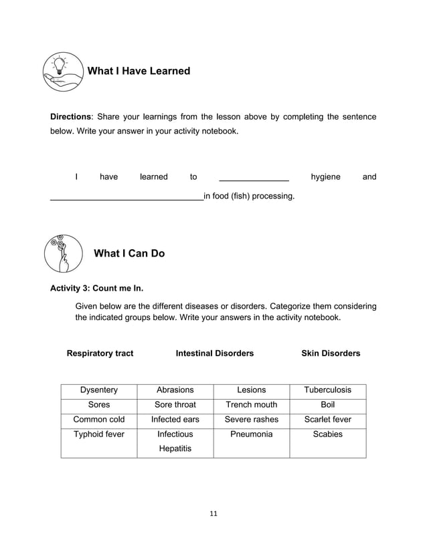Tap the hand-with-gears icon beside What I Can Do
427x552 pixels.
63,254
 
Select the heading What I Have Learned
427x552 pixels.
139,71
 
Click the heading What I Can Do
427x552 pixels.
129,253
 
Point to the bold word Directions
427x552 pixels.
71,117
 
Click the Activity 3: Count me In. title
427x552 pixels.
97,289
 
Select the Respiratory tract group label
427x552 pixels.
100,353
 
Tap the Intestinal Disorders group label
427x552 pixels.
215,353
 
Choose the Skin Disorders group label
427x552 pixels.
331,353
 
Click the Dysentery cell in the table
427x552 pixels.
99,390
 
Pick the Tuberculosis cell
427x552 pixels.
327,390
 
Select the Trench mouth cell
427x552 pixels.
251,404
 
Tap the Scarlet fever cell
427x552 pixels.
327,420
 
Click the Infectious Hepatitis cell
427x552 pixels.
175,441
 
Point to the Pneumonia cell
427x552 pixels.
251,434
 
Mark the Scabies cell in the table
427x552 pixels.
327,434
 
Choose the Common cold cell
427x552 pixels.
99,420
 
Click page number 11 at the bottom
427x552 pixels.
213,513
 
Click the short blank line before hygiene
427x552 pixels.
254,178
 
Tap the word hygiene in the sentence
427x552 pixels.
325,177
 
